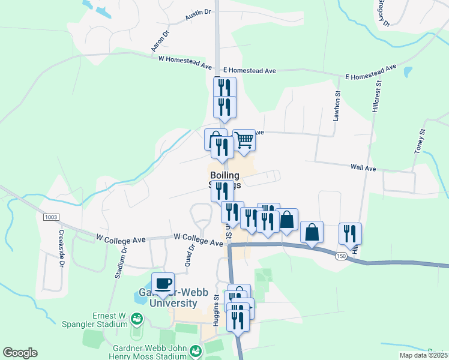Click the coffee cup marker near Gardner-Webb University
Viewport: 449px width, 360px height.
pyautogui.click(x=163, y=283)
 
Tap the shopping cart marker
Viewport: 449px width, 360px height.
pyautogui.click(x=244, y=140)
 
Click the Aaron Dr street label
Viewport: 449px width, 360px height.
pyautogui.click(x=158, y=40)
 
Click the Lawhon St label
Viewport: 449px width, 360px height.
pyautogui.click(x=337, y=108)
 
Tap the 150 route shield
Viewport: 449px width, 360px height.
pyautogui.click(x=342, y=256)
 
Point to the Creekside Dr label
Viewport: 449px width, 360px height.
pyautogui.click(x=61, y=250)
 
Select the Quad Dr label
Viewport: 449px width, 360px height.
pyautogui.click(x=191, y=254)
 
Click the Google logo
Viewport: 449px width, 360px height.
pyautogui.click(x=20, y=353)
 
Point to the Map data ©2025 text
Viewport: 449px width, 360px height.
pyautogui.click(x=424, y=355)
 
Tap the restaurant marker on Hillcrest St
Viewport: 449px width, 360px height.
pyautogui.click(x=349, y=234)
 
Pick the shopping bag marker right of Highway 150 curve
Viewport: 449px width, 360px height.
pyautogui.click(x=312, y=232)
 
